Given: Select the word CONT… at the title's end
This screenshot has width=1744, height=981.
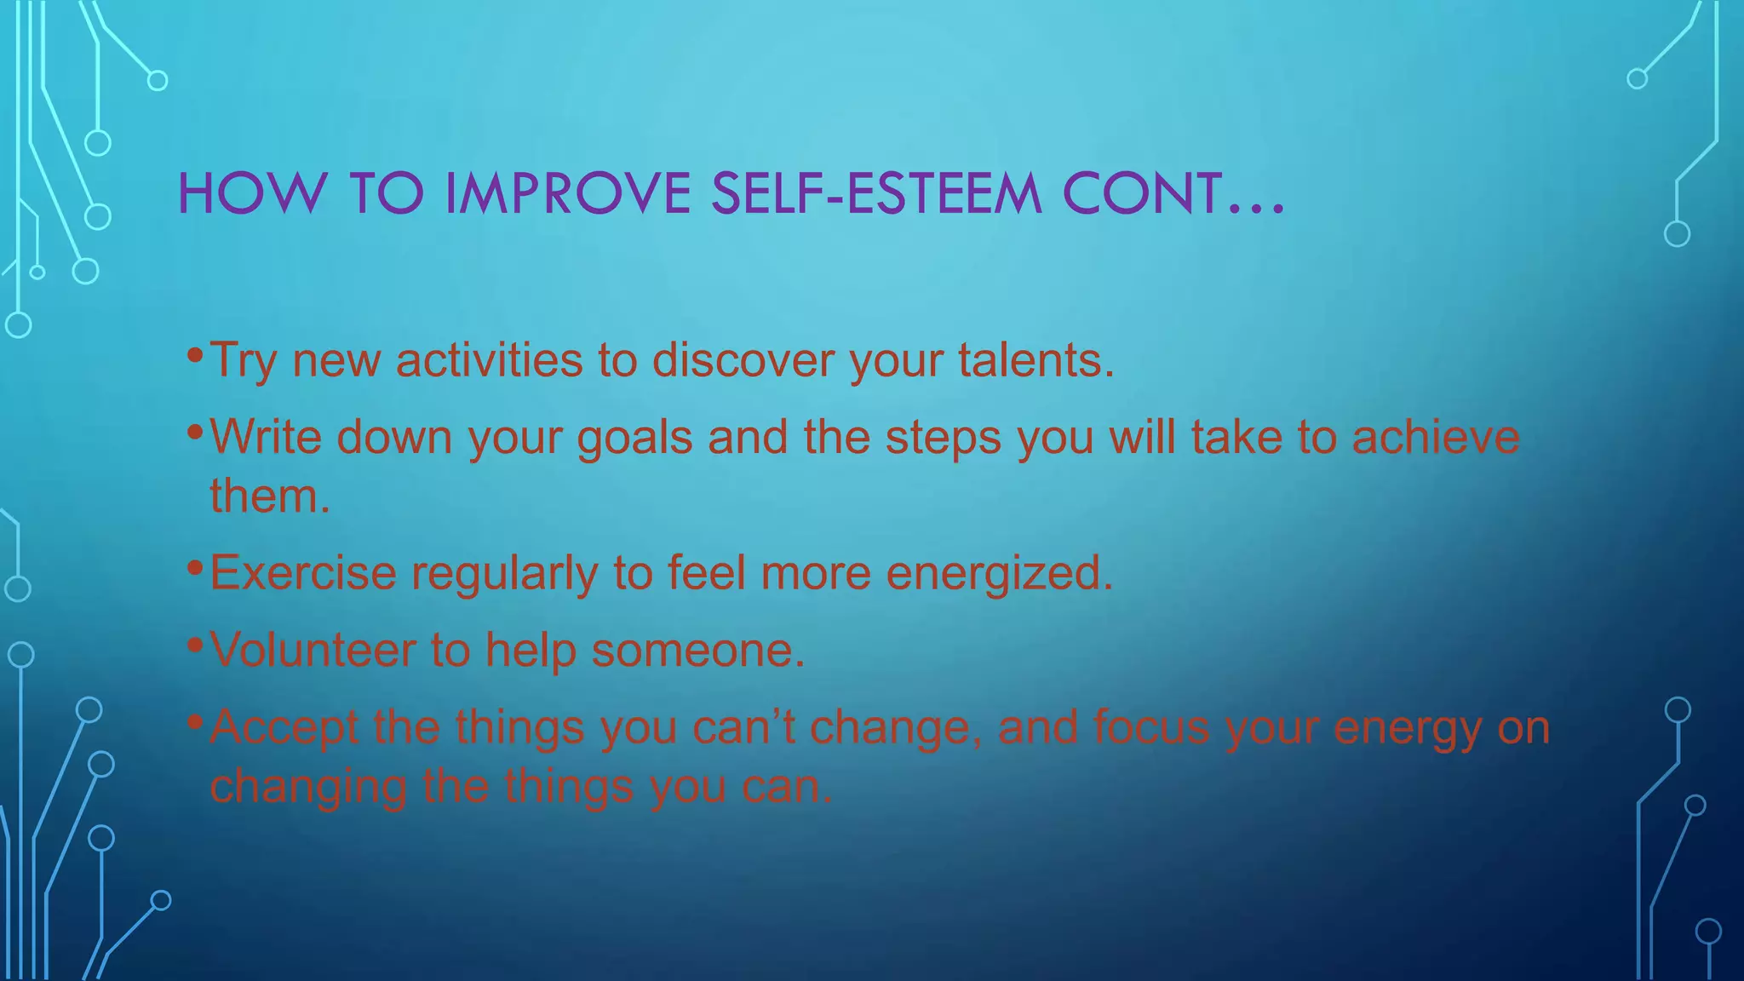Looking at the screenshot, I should click(x=1173, y=193).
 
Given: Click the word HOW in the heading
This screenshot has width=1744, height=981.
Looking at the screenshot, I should click(x=251, y=193).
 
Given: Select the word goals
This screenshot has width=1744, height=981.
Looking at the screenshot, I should click(x=634, y=439).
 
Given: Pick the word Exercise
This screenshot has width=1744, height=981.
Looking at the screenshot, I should click(x=303, y=572).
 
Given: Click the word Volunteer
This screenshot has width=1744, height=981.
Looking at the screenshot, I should click(x=313, y=650).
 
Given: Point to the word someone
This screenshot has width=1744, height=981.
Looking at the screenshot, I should click(x=697, y=650).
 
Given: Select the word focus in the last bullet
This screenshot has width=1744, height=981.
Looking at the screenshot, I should click(x=1150, y=727).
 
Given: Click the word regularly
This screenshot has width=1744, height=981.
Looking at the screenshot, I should click(x=505, y=574).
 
